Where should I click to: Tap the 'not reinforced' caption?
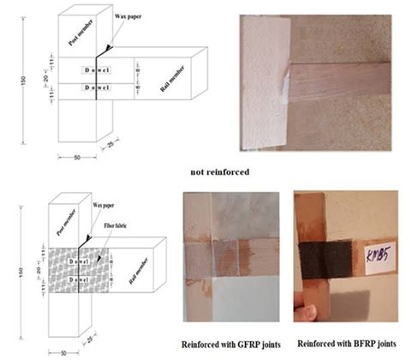pos(221,171)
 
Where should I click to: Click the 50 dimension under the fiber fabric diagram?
pos(67,352)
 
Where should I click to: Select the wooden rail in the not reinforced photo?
pos(334,81)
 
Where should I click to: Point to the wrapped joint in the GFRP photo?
pos(231,252)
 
